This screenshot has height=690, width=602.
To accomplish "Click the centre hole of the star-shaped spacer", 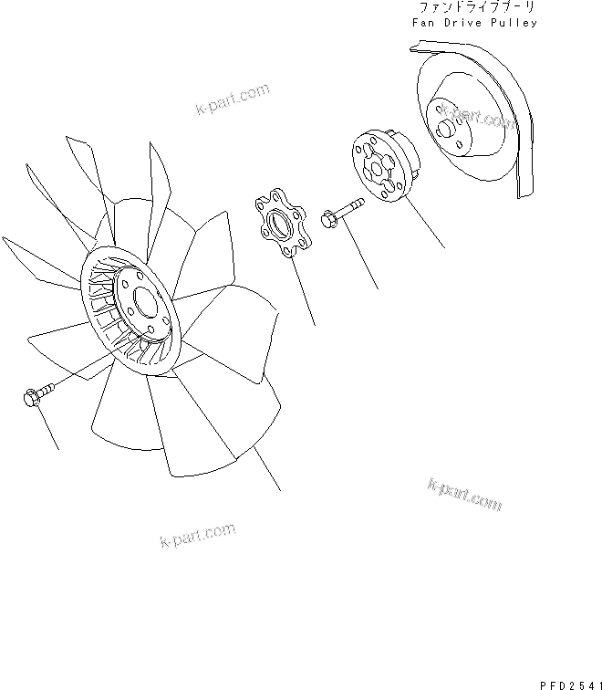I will coord(285,222).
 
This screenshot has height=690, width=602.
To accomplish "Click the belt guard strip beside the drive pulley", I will coord(522,146).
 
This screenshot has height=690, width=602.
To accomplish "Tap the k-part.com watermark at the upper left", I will coord(232,99).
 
